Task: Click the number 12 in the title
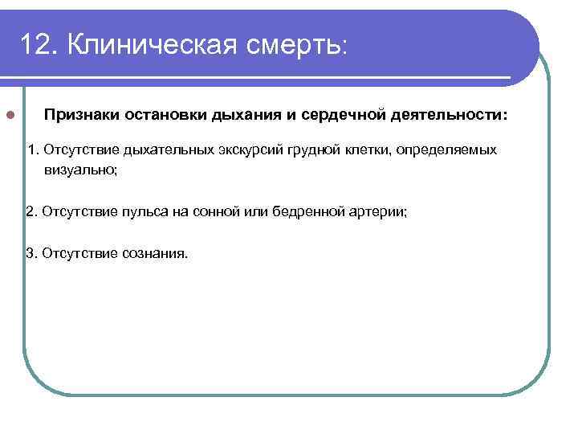pyautogui.click(x=36, y=45)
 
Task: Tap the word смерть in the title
pyautogui.click(x=292, y=45)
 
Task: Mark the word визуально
pyautogui.click(x=81, y=170)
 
